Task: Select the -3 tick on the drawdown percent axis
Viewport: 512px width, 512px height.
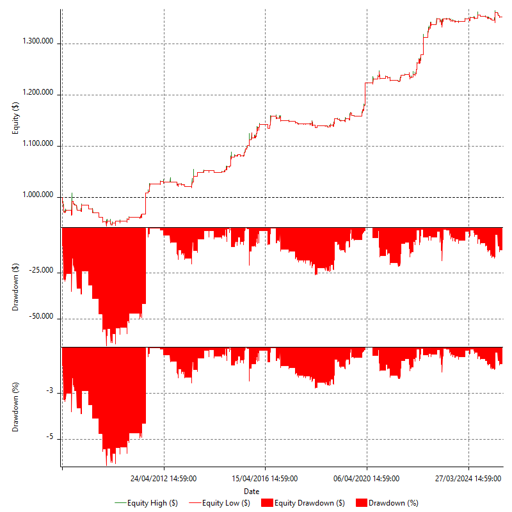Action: coord(51,391)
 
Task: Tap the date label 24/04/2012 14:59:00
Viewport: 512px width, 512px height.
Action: coord(164,478)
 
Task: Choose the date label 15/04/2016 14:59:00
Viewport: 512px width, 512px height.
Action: coord(265,478)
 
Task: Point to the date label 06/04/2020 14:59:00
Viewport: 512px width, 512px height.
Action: coord(367,478)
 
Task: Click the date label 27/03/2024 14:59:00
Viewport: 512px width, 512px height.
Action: coord(468,478)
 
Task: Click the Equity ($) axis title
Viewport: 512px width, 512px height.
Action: coord(16,118)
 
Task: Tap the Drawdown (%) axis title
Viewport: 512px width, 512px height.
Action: coord(16,407)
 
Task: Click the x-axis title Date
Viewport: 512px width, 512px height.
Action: coord(252,491)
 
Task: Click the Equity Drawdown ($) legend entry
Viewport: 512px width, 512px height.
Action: coord(304,503)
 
